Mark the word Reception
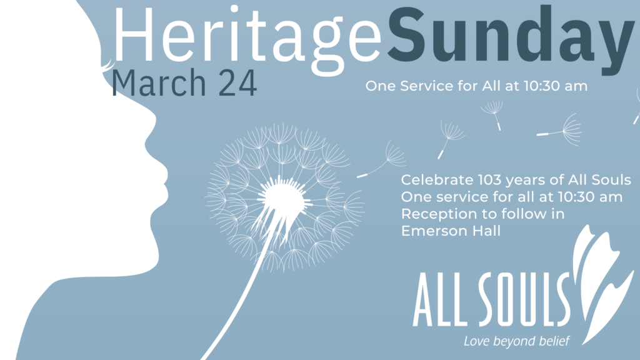(434, 214)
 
